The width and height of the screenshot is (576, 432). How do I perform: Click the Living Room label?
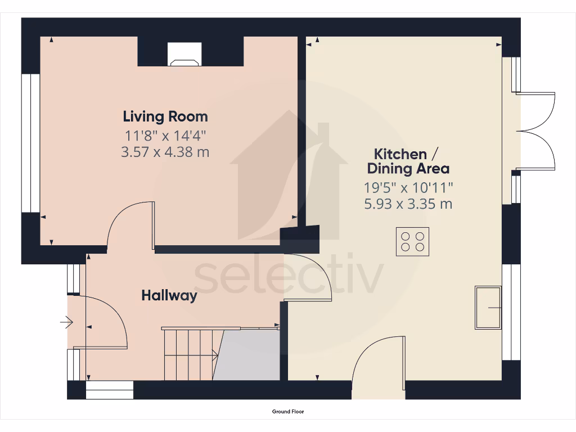(165, 116)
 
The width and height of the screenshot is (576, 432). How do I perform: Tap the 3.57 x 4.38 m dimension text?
(165, 152)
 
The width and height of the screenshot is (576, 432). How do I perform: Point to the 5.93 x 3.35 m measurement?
(408, 204)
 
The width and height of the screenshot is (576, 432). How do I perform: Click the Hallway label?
(169, 295)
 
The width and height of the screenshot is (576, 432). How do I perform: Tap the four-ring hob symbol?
(412, 242)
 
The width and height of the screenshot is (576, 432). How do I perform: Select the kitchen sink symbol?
(488, 308)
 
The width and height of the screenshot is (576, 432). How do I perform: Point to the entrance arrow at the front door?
(66, 322)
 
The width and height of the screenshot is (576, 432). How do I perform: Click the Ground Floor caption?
(288, 412)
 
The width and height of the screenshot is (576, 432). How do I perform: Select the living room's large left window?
(31, 143)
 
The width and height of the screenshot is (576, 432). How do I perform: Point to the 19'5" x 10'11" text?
(408, 187)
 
